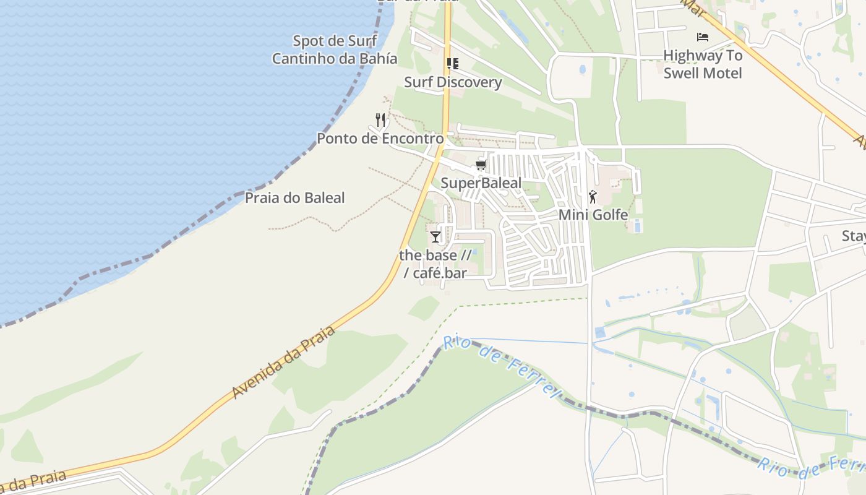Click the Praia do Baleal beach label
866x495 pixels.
point(294,198)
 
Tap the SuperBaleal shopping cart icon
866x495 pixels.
point(481,165)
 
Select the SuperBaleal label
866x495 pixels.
point(481,183)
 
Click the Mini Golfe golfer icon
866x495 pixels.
point(593,197)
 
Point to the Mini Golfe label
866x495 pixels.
point(593,215)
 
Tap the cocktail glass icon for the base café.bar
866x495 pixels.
point(435,236)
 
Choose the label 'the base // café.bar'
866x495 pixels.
point(435,264)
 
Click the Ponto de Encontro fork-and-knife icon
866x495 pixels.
point(380,120)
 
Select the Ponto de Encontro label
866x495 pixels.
point(380,138)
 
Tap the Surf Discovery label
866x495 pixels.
point(453,82)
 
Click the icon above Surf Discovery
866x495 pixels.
point(452,64)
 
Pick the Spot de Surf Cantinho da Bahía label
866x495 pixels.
point(335,50)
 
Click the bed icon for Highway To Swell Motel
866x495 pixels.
point(702,37)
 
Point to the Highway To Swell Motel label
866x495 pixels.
point(702,64)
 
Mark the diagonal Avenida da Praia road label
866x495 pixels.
point(283,362)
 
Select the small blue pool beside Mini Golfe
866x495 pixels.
point(638,226)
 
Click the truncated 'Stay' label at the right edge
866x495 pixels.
point(854,236)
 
